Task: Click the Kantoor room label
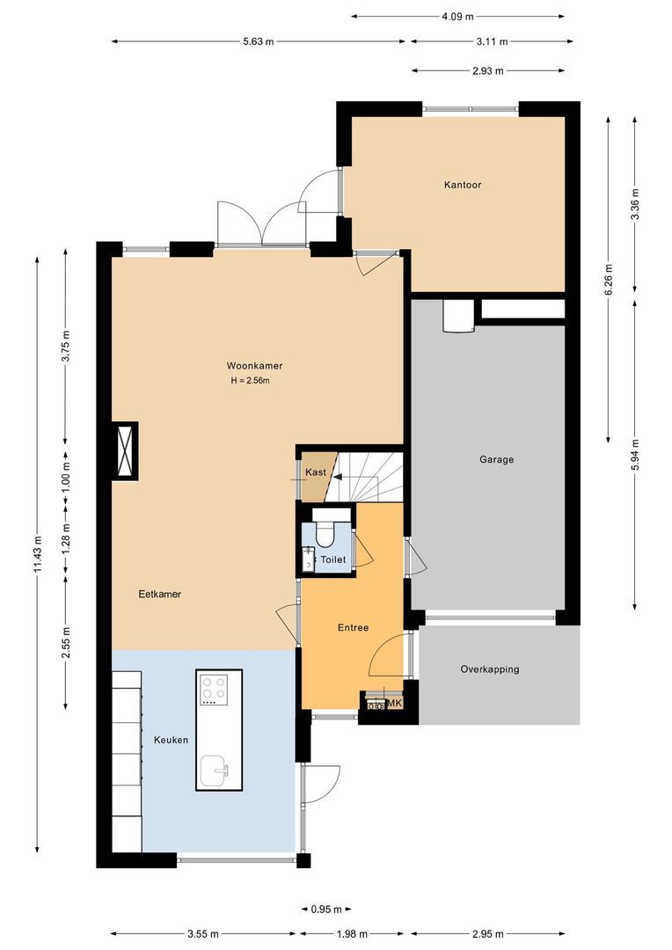point(462,185)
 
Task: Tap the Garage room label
point(496,459)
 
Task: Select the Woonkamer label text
point(254,365)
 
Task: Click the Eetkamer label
point(159,594)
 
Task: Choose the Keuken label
point(171,740)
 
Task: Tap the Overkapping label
point(489,669)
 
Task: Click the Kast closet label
point(316,472)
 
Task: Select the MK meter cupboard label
point(395,704)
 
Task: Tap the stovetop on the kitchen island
point(213,690)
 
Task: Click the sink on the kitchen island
point(215,771)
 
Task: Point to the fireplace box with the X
point(123,450)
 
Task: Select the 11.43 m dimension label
point(37,554)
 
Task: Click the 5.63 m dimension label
point(258,41)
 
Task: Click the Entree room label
point(353,628)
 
